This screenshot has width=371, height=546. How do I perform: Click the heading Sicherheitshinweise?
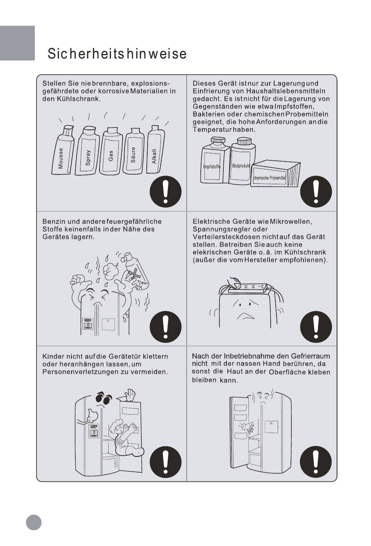pyautogui.click(x=117, y=54)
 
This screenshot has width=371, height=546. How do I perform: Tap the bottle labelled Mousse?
pyautogui.click(x=63, y=150)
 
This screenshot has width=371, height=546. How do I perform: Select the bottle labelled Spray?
pyautogui.click(x=87, y=151)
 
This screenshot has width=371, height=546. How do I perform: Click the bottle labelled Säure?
pyautogui.click(x=134, y=151)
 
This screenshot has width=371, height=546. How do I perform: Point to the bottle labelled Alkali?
pyautogui.click(x=155, y=149)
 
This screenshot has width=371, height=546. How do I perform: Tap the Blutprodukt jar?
pyautogui.click(x=242, y=161)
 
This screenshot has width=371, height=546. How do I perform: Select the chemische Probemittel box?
pyautogui.click(x=275, y=174)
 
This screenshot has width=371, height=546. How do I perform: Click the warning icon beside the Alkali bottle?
pyautogui.click(x=166, y=192)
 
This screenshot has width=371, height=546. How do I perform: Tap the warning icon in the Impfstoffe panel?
pyautogui.click(x=316, y=192)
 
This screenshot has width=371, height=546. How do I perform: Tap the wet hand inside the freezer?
pyautogui.click(x=246, y=427)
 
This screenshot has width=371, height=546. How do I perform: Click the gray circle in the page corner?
pyautogui.click(x=34, y=523)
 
